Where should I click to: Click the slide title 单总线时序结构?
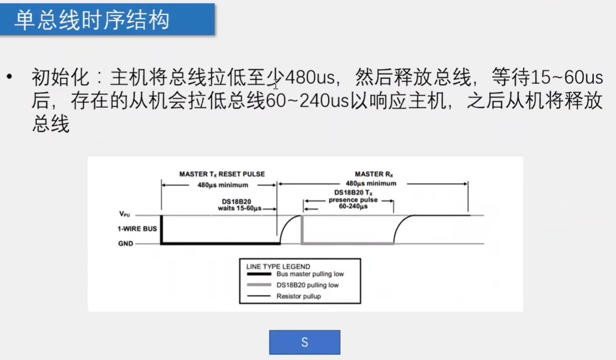click(x=92, y=20)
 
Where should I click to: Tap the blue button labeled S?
click(x=305, y=342)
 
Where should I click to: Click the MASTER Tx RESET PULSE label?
click(x=222, y=174)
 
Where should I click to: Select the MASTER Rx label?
click(x=373, y=174)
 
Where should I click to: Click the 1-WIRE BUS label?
click(x=137, y=229)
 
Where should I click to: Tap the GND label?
click(x=126, y=244)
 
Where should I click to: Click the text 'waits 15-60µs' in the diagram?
click(x=239, y=209)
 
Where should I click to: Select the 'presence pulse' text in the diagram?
click(x=353, y=200)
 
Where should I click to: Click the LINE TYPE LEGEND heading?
click(x=278, y=266)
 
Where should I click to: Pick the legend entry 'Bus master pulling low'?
click(x=310, y=274)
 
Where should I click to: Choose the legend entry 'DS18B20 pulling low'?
click(x=307, y=285)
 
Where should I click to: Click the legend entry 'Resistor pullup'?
click(x=299, y=296)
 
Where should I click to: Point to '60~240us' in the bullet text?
click(x=307, y=101)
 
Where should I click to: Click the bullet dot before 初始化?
click(x=9, y=78)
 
